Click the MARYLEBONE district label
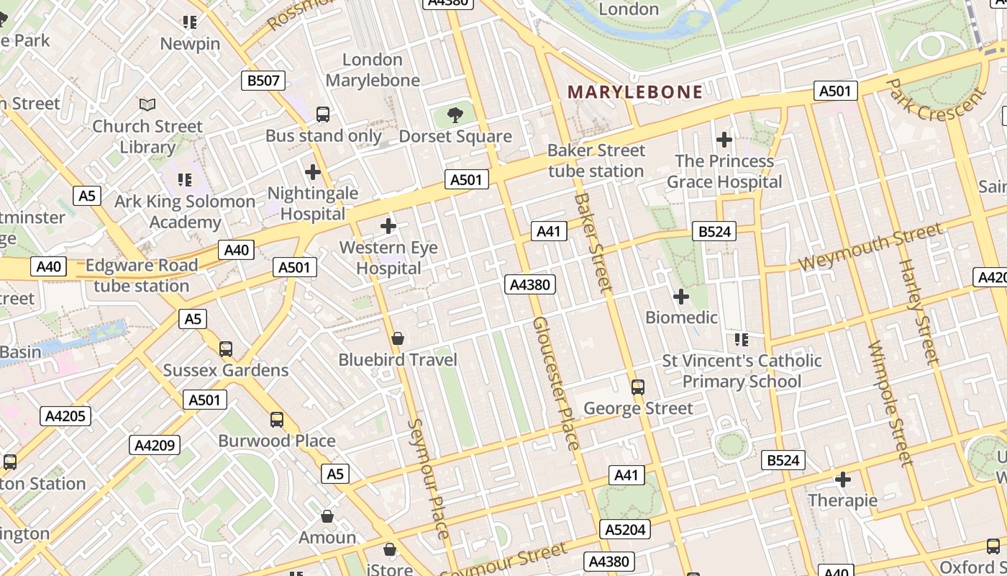click(634, 92)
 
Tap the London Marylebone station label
click(373, 70)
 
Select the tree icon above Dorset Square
click(455, 114)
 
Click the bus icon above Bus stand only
click(323, 114)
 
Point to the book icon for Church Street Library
click(147, 105)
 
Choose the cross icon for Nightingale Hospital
click(313, 172)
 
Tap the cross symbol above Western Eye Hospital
click(388, 226)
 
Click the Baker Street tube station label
click(596, 161)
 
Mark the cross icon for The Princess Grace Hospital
click(724, 139)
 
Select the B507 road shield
click(263, 81)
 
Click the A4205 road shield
click(65, 415)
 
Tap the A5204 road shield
click(626, 530)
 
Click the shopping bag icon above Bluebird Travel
click(397, 338)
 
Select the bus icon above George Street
click(638, 387)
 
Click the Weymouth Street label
click(870, 247)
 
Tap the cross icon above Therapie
click(843, 479)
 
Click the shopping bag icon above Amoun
click(327, 516)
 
